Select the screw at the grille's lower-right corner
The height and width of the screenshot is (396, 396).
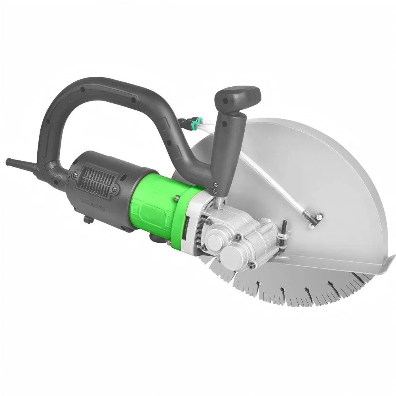114,189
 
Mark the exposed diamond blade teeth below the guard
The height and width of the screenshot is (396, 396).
301,293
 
